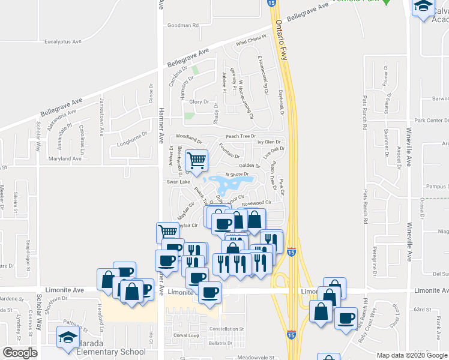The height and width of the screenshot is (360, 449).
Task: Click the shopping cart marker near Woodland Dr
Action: [196, 160]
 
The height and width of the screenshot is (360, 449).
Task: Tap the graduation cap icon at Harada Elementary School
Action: [68, 338]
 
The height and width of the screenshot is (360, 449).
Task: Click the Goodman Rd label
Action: [182, 26]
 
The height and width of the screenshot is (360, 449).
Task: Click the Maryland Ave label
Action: [65, 158]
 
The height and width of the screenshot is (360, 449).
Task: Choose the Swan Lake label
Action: [178, 181]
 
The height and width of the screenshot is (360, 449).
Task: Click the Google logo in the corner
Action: [20, 353]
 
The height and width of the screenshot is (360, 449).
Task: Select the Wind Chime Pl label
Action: [250, 41]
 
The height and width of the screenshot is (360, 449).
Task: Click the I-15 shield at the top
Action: [271, 4]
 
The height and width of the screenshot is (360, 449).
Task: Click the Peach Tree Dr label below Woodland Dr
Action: [240, 137]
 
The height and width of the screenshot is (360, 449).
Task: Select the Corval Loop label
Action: [185, 335]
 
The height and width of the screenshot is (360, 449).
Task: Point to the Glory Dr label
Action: [199, 102]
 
